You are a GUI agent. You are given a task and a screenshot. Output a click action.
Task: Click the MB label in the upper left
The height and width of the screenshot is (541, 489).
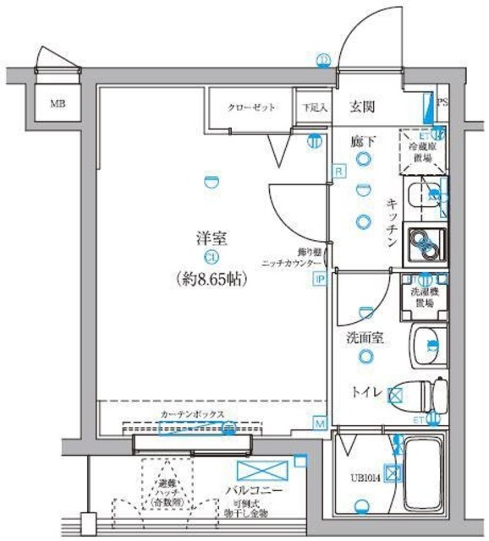(x=58, y=105)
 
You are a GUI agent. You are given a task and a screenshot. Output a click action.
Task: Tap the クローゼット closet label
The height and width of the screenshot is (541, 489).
(x=250, y=108)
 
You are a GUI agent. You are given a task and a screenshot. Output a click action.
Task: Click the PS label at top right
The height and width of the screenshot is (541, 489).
(x=443, y=103)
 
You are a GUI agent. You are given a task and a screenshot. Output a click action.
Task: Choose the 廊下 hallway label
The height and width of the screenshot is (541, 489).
(x=363, y=141)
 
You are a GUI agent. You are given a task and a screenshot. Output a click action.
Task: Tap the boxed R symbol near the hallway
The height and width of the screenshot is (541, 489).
(x=338, y=172)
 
